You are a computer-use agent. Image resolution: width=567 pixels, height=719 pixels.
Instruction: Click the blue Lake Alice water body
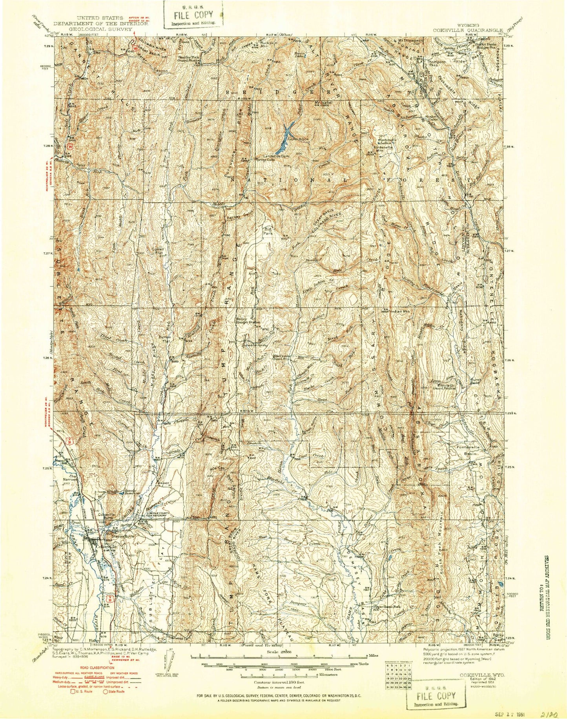click(285, 138)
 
